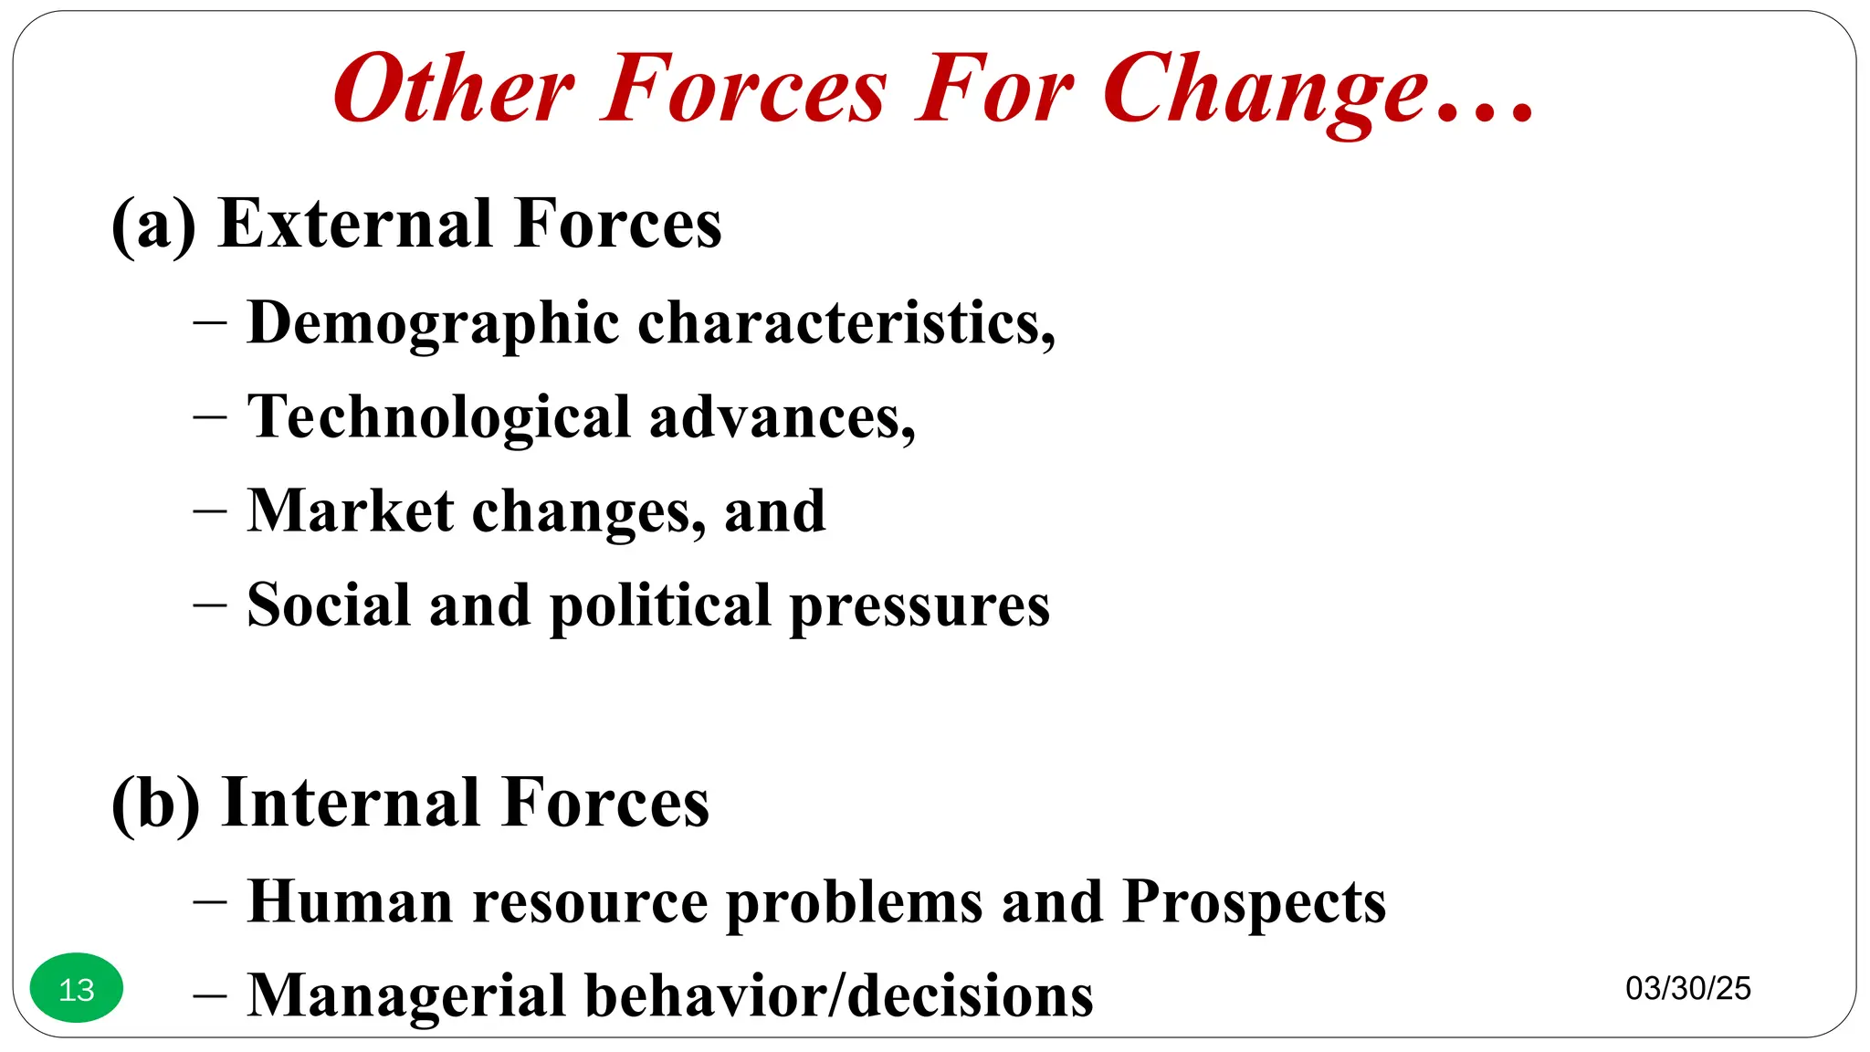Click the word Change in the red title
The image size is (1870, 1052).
(1265, 91)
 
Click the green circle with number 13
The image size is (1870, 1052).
(77, 988)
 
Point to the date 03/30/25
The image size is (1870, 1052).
(1687, 988)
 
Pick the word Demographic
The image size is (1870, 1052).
(433, 324)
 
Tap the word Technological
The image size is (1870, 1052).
(439, 417)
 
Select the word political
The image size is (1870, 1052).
(660, 606)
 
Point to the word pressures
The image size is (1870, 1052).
(919, 606)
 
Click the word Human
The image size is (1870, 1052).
(351, 902)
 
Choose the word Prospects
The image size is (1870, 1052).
(1254, 902)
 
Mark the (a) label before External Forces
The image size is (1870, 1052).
(153, 225)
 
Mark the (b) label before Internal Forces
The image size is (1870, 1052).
(155, 804)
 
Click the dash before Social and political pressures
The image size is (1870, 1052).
(210, 605)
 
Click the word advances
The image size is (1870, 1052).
(782, 417)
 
